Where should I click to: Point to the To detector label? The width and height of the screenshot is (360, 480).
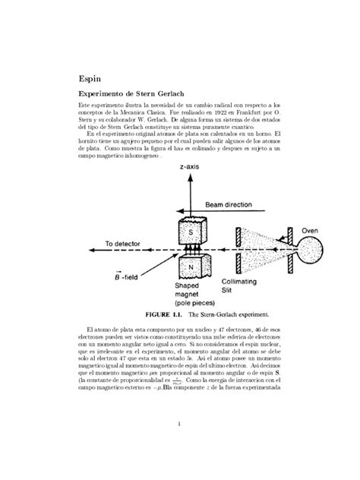pos(124,244)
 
